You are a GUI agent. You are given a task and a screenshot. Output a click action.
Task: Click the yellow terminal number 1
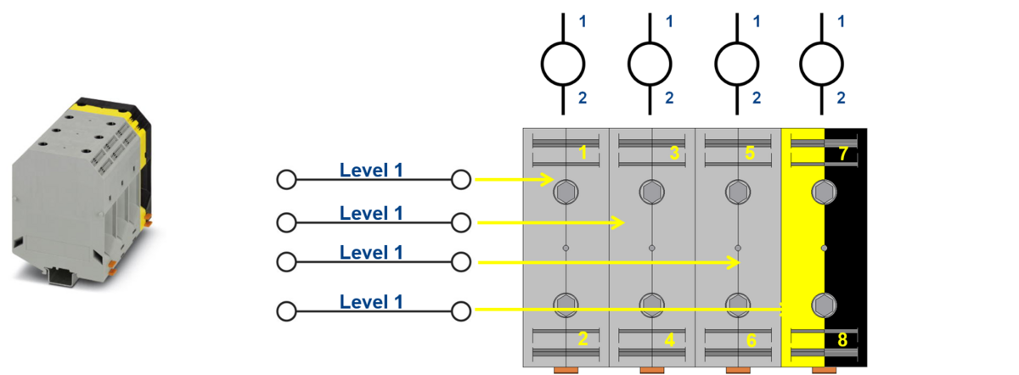[583, 154]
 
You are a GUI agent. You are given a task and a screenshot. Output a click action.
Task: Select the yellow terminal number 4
[669, 340]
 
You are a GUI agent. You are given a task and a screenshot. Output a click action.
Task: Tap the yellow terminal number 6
[751, 340]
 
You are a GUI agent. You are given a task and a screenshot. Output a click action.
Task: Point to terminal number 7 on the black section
[842, 154]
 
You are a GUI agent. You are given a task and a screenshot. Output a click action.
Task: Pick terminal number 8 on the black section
[842, 340]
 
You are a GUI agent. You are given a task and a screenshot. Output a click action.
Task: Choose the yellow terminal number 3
[674, 154]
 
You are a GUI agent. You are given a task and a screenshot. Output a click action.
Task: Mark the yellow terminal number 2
[583, 340]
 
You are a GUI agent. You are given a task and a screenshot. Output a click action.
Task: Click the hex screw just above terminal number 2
[565, 303]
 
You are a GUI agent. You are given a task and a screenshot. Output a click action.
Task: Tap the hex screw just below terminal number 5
[737, 192]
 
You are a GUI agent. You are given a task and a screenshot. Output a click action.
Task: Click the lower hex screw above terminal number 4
[651, 303]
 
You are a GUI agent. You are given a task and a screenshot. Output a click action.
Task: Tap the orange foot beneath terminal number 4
[652, 371]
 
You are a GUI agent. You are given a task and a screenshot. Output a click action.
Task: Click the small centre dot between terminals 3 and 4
[651, 248]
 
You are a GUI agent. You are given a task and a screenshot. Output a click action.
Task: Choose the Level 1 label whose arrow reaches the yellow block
[372, 301]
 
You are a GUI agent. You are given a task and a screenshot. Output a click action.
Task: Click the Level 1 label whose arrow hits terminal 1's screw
[372, 170]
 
